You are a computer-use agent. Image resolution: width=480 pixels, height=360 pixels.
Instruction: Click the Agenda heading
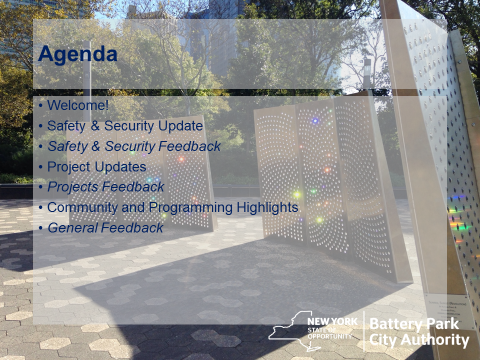click(78, 54)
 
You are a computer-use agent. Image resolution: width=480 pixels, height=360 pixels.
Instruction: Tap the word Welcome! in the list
click(78, 105)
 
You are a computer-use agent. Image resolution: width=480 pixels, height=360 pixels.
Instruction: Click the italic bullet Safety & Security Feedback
click(134, 146)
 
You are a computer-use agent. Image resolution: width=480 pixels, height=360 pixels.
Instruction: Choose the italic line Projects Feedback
click(106, 187)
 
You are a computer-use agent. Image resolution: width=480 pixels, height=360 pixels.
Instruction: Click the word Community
click(82, 208)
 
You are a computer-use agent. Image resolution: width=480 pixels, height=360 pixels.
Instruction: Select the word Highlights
click(267, 207)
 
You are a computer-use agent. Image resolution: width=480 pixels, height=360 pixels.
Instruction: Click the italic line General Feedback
click(105, 228)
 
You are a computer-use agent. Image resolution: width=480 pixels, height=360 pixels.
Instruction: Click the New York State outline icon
click(293, 331)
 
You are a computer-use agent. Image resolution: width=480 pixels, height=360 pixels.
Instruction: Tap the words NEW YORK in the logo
click(332, 322)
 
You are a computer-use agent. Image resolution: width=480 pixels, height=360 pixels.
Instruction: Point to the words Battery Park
click(414, 324)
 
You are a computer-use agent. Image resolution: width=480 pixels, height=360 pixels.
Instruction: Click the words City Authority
click(419, 340)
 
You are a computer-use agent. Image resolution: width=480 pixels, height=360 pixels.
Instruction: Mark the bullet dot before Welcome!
click(41, 106)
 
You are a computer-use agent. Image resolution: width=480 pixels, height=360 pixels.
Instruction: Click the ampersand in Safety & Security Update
click(95, 126)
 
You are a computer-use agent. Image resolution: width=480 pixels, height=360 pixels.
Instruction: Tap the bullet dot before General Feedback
click(41, 229)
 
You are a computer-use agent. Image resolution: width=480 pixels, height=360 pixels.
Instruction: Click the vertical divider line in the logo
click(364, 331)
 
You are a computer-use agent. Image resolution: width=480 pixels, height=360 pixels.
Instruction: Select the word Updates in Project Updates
click(121, 167)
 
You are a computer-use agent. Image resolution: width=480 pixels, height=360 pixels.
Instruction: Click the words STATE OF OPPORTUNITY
click(330, 333)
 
